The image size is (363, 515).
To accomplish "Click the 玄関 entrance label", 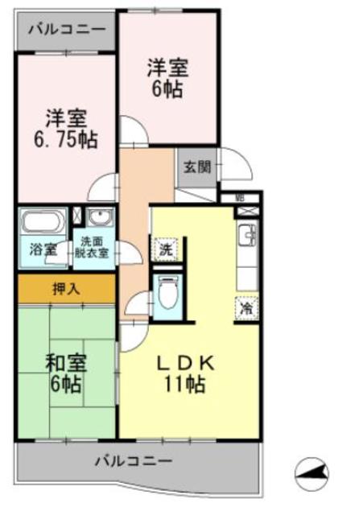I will point(196,167).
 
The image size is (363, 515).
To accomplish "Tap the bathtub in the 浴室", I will point(44,220).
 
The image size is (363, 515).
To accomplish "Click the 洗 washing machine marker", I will point(164,249).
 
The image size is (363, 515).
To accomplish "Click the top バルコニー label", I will point(66,31).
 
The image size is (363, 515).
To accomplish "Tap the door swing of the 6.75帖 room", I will point(103,187).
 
